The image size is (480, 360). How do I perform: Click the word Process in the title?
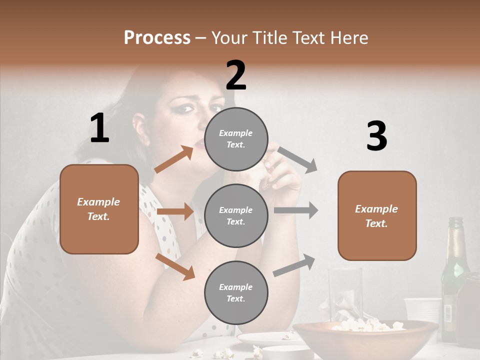pyautogui.click(x=157, y=37)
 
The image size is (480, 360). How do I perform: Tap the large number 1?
pyautogui.click(x=99, y=128)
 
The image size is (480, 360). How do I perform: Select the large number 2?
pyautogui.click(x=236, y=75)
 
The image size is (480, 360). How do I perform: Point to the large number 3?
pyautogui.click(x=376, y=136)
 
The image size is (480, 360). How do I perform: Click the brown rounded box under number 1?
pyautogui.click(x=99, y=209)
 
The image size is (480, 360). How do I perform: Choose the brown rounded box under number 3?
pyautogui.click(x=377, y=215)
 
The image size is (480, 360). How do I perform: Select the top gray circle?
pyautogui.click(x=236, y=139)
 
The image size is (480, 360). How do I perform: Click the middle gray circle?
pyautogui.click(x=236, y=215)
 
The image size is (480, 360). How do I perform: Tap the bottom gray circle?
pyautogui.click(x=236, y=292)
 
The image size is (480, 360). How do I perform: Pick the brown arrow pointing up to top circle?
pyautogui.click(x=174, y=159)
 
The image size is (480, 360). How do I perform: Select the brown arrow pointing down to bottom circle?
pyautogui.click(x=175, y=266)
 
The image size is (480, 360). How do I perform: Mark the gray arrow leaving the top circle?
pyautogui.click(x=298, y=159)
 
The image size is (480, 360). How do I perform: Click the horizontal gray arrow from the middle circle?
pyautogui.click(x=296, y=210)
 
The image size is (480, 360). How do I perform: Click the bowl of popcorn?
pyautogui.click(x=365, y=335)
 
